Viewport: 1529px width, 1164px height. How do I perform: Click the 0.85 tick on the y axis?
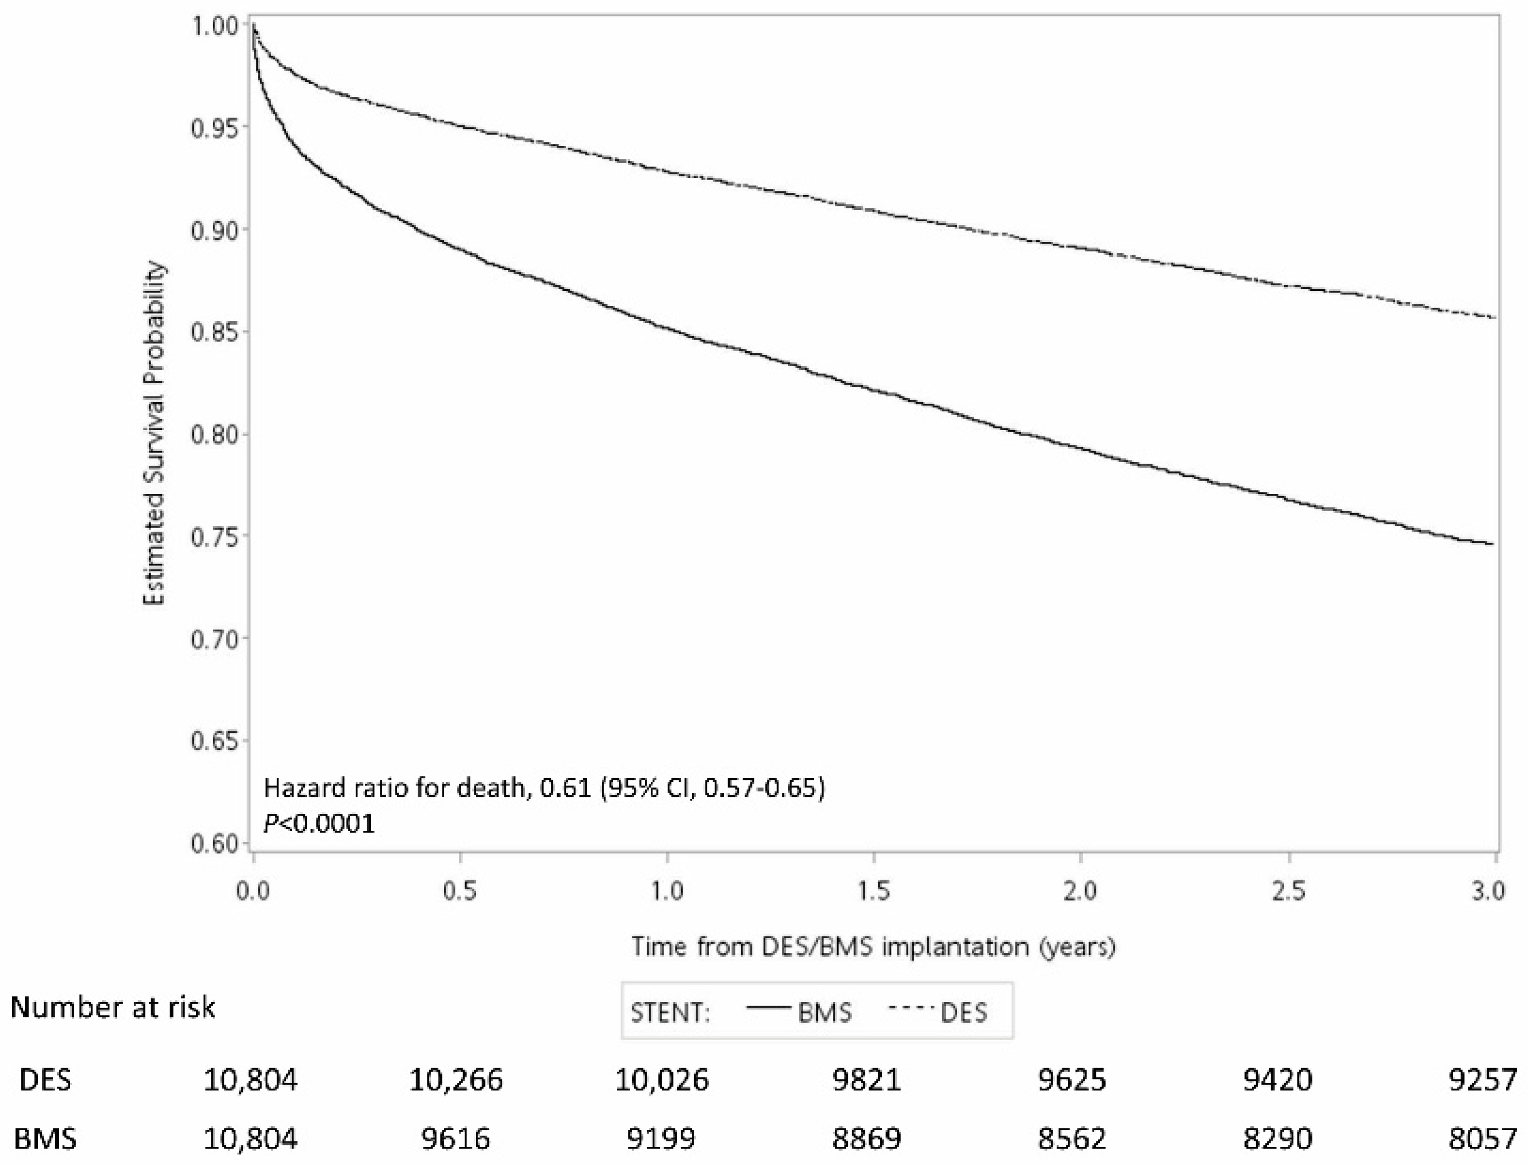click(211, 332)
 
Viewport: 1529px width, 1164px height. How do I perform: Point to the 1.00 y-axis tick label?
click(211, 26)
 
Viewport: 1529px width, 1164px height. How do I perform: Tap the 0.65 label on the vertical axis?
click(211, 741)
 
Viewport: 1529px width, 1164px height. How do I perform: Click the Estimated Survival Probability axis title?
click(155, 434)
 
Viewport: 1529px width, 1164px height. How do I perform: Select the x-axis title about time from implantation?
click(873, 946)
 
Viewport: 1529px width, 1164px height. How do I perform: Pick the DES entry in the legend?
click(963, 1013)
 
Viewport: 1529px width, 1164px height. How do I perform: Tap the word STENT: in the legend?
click(670, 1013)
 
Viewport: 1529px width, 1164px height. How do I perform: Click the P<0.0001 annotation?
click(319, 824)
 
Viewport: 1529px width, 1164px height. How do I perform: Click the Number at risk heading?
click(112, 1007)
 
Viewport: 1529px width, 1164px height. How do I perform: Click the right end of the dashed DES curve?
click(1495, 317)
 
